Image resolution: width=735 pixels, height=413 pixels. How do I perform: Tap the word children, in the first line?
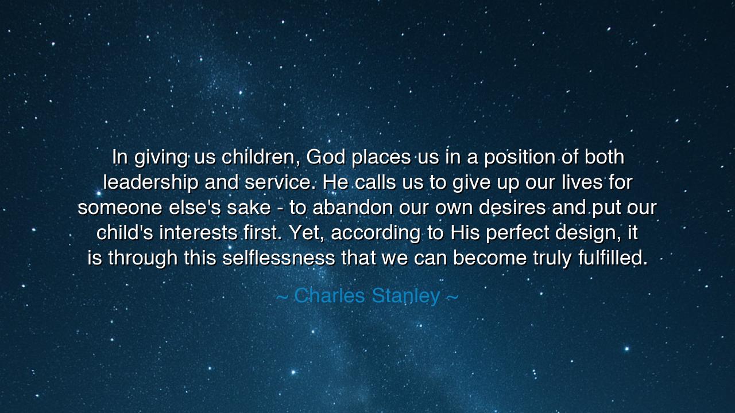point(261,157)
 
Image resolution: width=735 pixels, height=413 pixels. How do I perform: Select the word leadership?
point(150,182)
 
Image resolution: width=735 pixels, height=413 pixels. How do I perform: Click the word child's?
point(125,233)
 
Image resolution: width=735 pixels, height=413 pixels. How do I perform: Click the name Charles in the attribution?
point(330,296)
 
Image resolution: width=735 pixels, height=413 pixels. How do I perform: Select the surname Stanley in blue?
point(406,296)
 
